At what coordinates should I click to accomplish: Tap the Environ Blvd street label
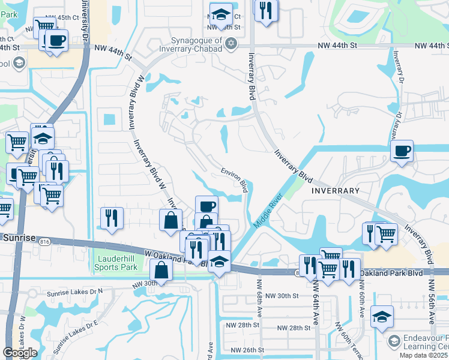pyautogui.click(x=235, y=179)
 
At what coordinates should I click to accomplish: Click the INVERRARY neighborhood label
pyautogui.click(x=335, y=190)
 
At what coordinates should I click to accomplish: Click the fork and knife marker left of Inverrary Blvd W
pyautogui.click(x=111, y=217)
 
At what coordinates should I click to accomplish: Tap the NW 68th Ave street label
pyautogui.click(x=260, y=298)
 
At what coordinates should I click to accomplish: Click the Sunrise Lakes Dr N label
pyautogui.click(x=74, y=291)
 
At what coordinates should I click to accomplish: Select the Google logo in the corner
pyautogui.click(x=19, y=353)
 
